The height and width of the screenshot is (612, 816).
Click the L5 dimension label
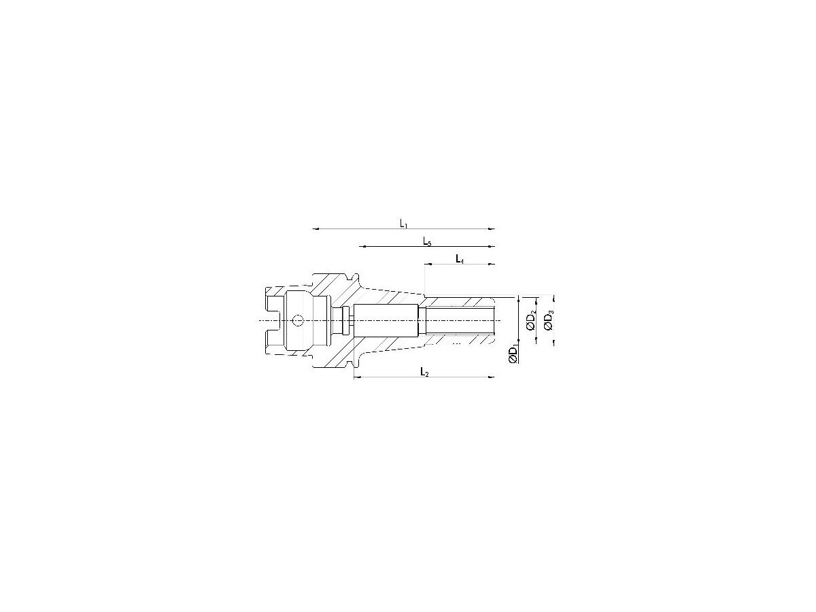(x=426, y=241)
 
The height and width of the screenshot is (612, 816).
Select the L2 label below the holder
(x=424, y=372)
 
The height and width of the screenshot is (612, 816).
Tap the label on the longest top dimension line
(x=403, y=223)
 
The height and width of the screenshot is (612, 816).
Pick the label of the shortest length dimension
(x=460, y=259)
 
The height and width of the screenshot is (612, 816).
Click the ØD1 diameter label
(x=515, y=355)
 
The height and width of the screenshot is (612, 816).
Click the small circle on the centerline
(x=298, y=321)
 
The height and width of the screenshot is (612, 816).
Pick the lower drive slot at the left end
(x=273, y=338)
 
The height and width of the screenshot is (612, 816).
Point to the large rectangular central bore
(x=385, y=320)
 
